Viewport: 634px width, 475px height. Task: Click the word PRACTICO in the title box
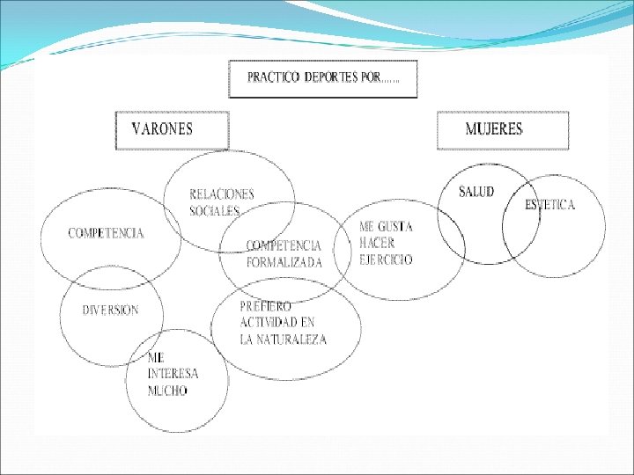point(273,77)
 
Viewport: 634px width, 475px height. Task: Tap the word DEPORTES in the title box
point(330,77)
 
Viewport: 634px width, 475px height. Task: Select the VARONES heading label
point(162,129)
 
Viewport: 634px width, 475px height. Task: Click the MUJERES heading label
point(493,129)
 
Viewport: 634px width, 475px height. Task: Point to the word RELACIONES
point(222,194)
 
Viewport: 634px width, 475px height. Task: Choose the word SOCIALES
point(215,210)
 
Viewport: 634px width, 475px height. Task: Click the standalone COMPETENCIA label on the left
point(106,233)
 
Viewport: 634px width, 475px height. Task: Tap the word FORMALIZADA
point(284,262)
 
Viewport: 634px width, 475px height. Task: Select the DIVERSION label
point(110,310)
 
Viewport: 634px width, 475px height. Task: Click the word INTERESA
point(173,374)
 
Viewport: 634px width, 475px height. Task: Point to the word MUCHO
point(167,391)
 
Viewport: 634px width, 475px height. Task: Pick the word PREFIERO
point(266,306)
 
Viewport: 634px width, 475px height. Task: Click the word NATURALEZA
point(293,340)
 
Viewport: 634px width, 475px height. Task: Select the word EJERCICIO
point(386,259)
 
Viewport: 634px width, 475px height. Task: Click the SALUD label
point(476,192)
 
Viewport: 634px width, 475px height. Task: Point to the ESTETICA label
point(549,205)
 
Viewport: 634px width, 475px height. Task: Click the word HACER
point(377,243)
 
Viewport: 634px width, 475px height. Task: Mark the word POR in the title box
point(371,77)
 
